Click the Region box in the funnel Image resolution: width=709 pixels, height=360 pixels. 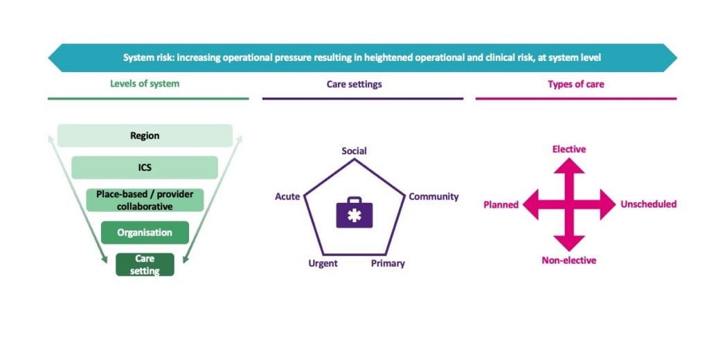click(x=145, y=136)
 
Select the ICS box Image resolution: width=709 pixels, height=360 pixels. click(x=145, y=168)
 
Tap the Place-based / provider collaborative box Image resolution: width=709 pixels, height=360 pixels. click(x=145, y=200)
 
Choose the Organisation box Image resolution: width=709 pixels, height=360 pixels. click(x=145, y=233)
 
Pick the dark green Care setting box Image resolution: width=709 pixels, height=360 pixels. click(x=145, y=264)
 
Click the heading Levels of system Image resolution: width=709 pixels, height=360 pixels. click(x=145, y=84)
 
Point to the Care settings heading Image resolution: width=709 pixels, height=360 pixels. click(x=354, y=84)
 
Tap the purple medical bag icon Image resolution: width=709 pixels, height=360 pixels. click(x=354, y=212)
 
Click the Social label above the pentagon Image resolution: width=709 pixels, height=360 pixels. click(x=354, y=151)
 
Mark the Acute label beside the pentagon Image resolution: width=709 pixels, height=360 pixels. click(x=287, y=197)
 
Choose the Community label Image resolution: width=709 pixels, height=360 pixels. click(x=433, y=197)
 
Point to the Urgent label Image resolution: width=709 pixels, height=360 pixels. click(x=323, y=264)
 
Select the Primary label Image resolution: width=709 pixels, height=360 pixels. click(x=388, y=264)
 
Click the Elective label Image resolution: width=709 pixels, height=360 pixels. click(x=568, y=150)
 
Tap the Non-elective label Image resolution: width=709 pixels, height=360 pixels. click(x=568, y=260)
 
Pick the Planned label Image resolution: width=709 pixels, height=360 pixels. click(x=501, y=205)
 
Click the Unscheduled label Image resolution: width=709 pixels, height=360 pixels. click(x=648, y=204)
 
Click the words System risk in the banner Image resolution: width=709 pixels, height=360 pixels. click(x=148, y=57)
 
